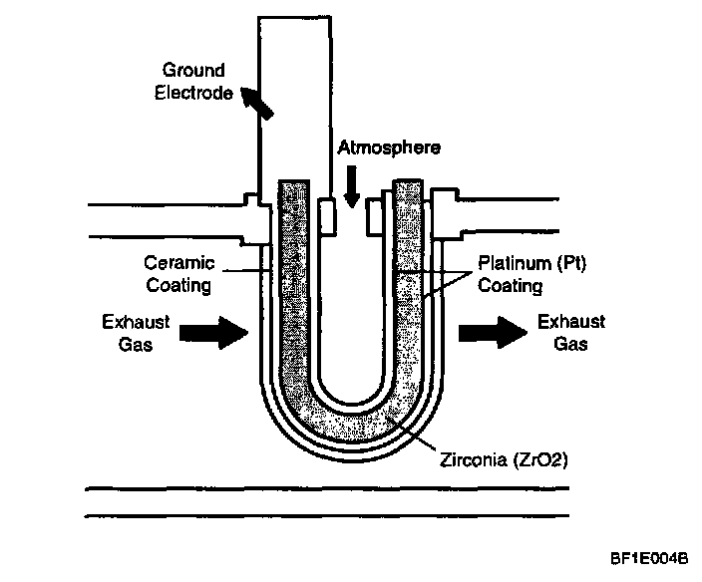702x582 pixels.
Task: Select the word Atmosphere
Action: point(388,147)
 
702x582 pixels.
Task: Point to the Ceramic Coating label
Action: point(177,274)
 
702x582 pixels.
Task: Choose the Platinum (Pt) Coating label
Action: point(511,274)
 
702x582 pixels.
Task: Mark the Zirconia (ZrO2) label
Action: point(493,460)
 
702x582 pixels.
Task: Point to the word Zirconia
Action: point(468,460)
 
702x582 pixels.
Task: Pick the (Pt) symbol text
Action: point(538,264)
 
